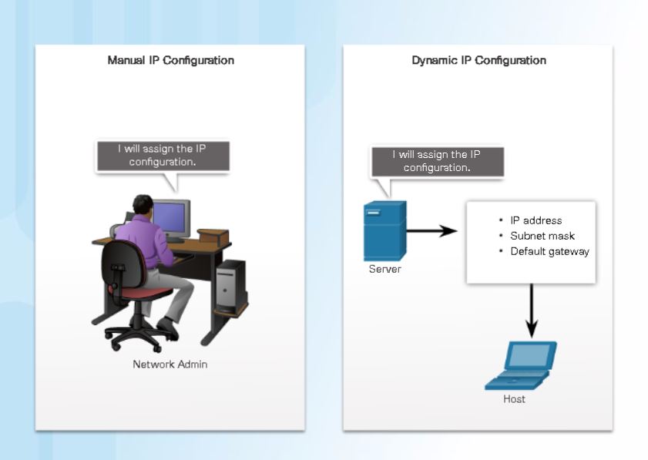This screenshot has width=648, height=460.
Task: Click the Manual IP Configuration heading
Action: [170, 60]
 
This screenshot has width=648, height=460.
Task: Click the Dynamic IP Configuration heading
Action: [478, 60]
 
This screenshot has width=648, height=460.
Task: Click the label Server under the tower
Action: [384, 269]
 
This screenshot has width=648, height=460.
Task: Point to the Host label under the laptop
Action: [514, 399]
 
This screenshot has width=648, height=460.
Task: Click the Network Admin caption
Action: [170, 364]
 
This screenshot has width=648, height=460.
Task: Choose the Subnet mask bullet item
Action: [542, 236]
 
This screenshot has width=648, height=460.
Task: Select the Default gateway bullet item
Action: [549, 251]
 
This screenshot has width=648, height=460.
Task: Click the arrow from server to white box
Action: [431, 230]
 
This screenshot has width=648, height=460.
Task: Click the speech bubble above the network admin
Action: [162, 156]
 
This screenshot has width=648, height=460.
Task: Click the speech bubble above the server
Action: [437, 162]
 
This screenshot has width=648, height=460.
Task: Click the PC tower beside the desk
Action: [230, 287]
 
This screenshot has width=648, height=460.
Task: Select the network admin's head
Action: [143, 206]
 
